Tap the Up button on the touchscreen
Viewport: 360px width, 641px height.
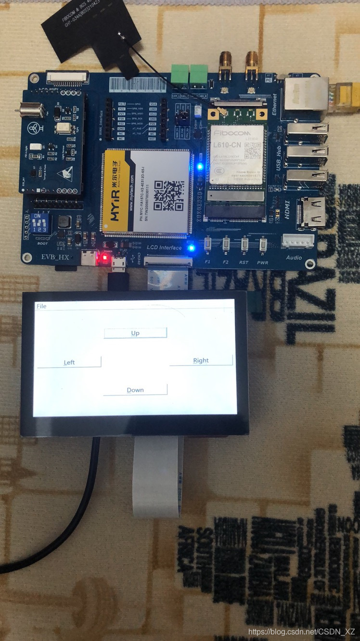pyautogui.click(x=135, y=333)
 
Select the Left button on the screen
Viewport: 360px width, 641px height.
pyautogui.click(x=69, y=362)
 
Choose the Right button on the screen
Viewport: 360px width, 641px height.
pyautogui.click(x=201, y=360)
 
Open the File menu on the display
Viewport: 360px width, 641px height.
pyautogui.click(x=41, y=306)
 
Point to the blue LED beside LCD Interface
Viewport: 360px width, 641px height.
pyautogui.click(x=191, y=249)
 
